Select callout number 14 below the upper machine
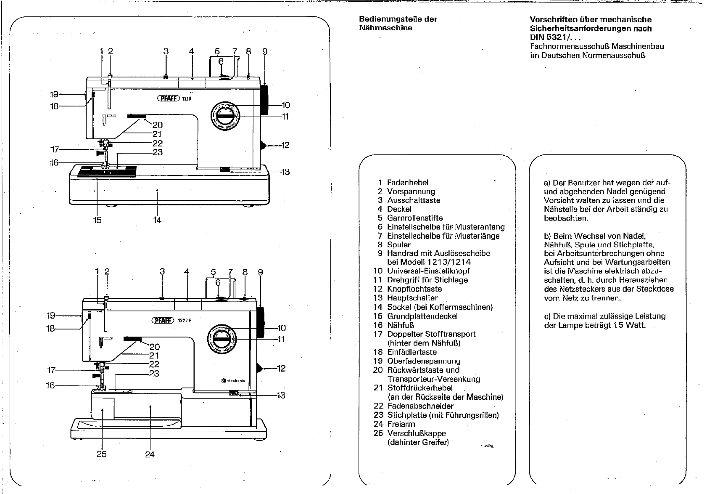(x=157, y=220)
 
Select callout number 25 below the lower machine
(x=101, y=454)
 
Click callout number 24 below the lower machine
(x=150, y=454)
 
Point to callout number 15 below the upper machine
(x=97, y=220)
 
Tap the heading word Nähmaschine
(x=385, y=28)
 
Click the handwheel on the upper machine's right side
(x=265, y=100)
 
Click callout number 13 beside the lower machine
(x=281, y=395)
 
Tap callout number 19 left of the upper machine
(x=54, y=95)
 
